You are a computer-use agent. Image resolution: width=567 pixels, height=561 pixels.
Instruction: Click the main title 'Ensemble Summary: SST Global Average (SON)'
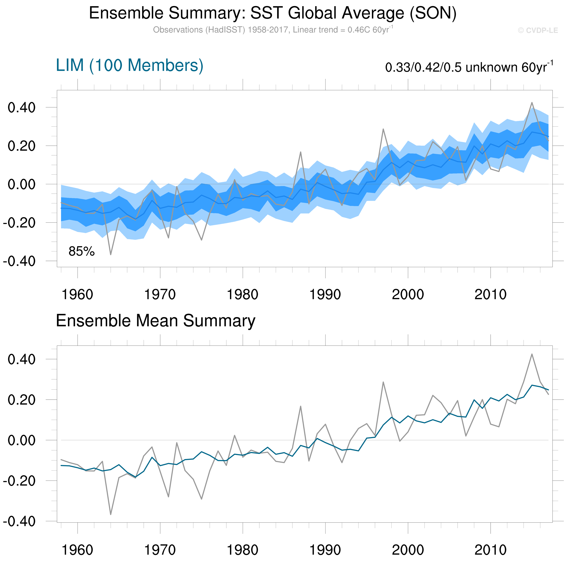[x=273, y=13]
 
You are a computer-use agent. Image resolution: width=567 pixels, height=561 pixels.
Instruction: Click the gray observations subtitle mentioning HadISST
[x=273, y=30]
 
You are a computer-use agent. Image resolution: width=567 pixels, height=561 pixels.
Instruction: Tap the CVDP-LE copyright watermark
[x=538, y=30]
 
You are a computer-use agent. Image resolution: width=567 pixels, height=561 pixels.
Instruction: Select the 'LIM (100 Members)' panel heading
[x=130, y=65]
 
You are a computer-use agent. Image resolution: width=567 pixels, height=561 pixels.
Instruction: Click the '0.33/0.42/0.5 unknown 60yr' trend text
[x=469, y=67]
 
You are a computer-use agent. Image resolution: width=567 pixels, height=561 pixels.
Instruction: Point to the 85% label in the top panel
[x=82, y=251]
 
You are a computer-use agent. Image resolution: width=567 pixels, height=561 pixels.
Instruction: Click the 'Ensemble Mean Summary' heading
[x=156, y=321]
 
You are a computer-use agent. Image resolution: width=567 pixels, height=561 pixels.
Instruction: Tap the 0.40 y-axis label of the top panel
[x=22, y=108]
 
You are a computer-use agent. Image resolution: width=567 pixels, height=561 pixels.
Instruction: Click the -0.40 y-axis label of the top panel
[x=19, y=261]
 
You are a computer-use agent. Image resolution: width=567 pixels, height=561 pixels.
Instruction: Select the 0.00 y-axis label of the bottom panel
[x=22, y=440]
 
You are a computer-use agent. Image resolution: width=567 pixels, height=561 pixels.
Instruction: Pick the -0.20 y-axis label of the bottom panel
[x=19, y=481]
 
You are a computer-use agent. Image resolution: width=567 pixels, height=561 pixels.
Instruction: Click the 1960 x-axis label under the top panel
[x=77, y=294]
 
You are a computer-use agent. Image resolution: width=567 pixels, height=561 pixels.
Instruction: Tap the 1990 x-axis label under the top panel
[x=325, y=294]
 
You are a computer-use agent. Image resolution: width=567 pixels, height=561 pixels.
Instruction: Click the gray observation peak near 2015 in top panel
[x=532, y=103]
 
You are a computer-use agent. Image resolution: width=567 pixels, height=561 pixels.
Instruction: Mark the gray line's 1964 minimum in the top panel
[x=111, y=254]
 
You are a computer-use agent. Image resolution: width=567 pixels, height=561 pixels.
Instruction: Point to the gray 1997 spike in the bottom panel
[x=383, y=382]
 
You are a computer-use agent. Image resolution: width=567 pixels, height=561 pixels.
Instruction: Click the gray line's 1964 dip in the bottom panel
[x=111, y=515]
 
